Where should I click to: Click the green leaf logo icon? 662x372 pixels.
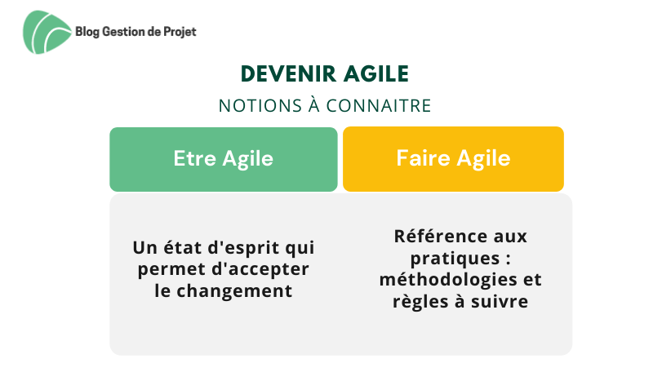pos(47,33)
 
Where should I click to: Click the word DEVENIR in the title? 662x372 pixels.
pos(289,73)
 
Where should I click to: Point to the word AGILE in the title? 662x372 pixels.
pos(376,73)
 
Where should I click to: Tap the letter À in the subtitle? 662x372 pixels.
pos(314,105)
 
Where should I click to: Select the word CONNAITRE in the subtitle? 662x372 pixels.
pos(379,106)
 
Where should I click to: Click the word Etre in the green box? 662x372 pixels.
pos(195,158)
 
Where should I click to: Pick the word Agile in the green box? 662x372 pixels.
pos(248,160)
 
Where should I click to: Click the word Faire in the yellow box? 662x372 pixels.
pos(424,158)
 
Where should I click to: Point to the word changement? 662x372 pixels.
pos(234,291)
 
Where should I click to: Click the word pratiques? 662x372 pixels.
pos(455,259)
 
